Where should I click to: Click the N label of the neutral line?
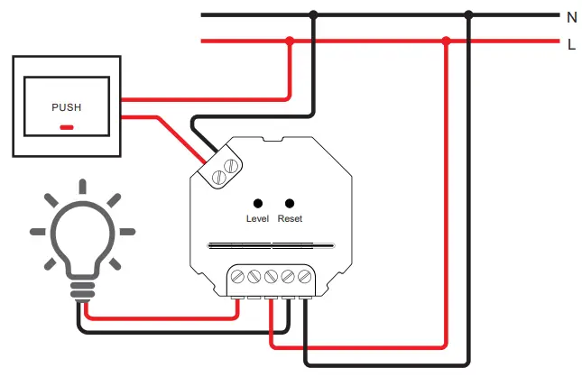click(571, 16)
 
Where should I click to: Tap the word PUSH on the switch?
click(66, 107)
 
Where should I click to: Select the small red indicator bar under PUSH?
click(66, 126)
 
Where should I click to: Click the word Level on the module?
click(258, 219)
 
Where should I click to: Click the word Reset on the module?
click(290, 219)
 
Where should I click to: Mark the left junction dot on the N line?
click(313, 14)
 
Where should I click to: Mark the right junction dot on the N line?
click(468, 14)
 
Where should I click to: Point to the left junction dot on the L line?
click(290, 41)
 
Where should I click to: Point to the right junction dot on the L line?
click(446, 41)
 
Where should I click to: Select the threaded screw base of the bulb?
click(82, 288)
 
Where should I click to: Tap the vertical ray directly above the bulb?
click(82, 187)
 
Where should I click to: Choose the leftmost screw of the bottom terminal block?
click(238, 277)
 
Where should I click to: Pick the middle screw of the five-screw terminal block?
click(272, 277)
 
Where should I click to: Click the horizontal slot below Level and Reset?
click(271, 244)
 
